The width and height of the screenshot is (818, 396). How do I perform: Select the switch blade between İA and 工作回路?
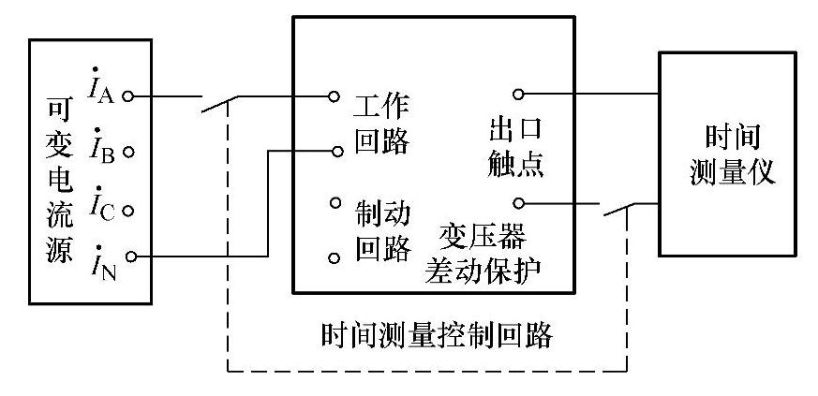click(x=218, y=104)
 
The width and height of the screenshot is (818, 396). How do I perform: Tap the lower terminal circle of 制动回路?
click(x=334, y=257)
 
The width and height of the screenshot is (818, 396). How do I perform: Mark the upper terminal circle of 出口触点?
click(x=516, y=94)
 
